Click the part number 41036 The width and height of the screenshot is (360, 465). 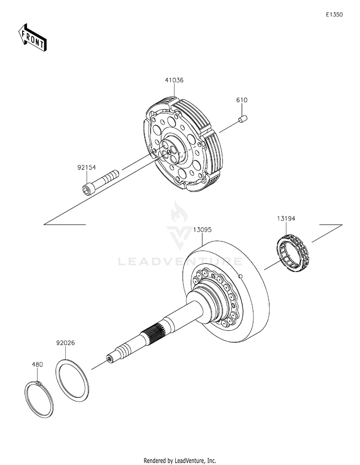174,81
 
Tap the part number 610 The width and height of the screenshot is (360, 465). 241,100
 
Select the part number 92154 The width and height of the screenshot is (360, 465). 87,167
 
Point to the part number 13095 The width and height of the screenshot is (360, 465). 202,230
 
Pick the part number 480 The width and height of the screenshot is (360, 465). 37,364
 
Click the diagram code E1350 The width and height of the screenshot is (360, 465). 334,15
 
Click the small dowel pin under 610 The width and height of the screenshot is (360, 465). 243,118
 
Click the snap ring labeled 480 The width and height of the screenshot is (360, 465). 39,398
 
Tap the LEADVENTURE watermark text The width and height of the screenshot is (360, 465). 180,262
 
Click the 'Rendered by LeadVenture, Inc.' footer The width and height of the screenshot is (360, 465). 180,460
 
